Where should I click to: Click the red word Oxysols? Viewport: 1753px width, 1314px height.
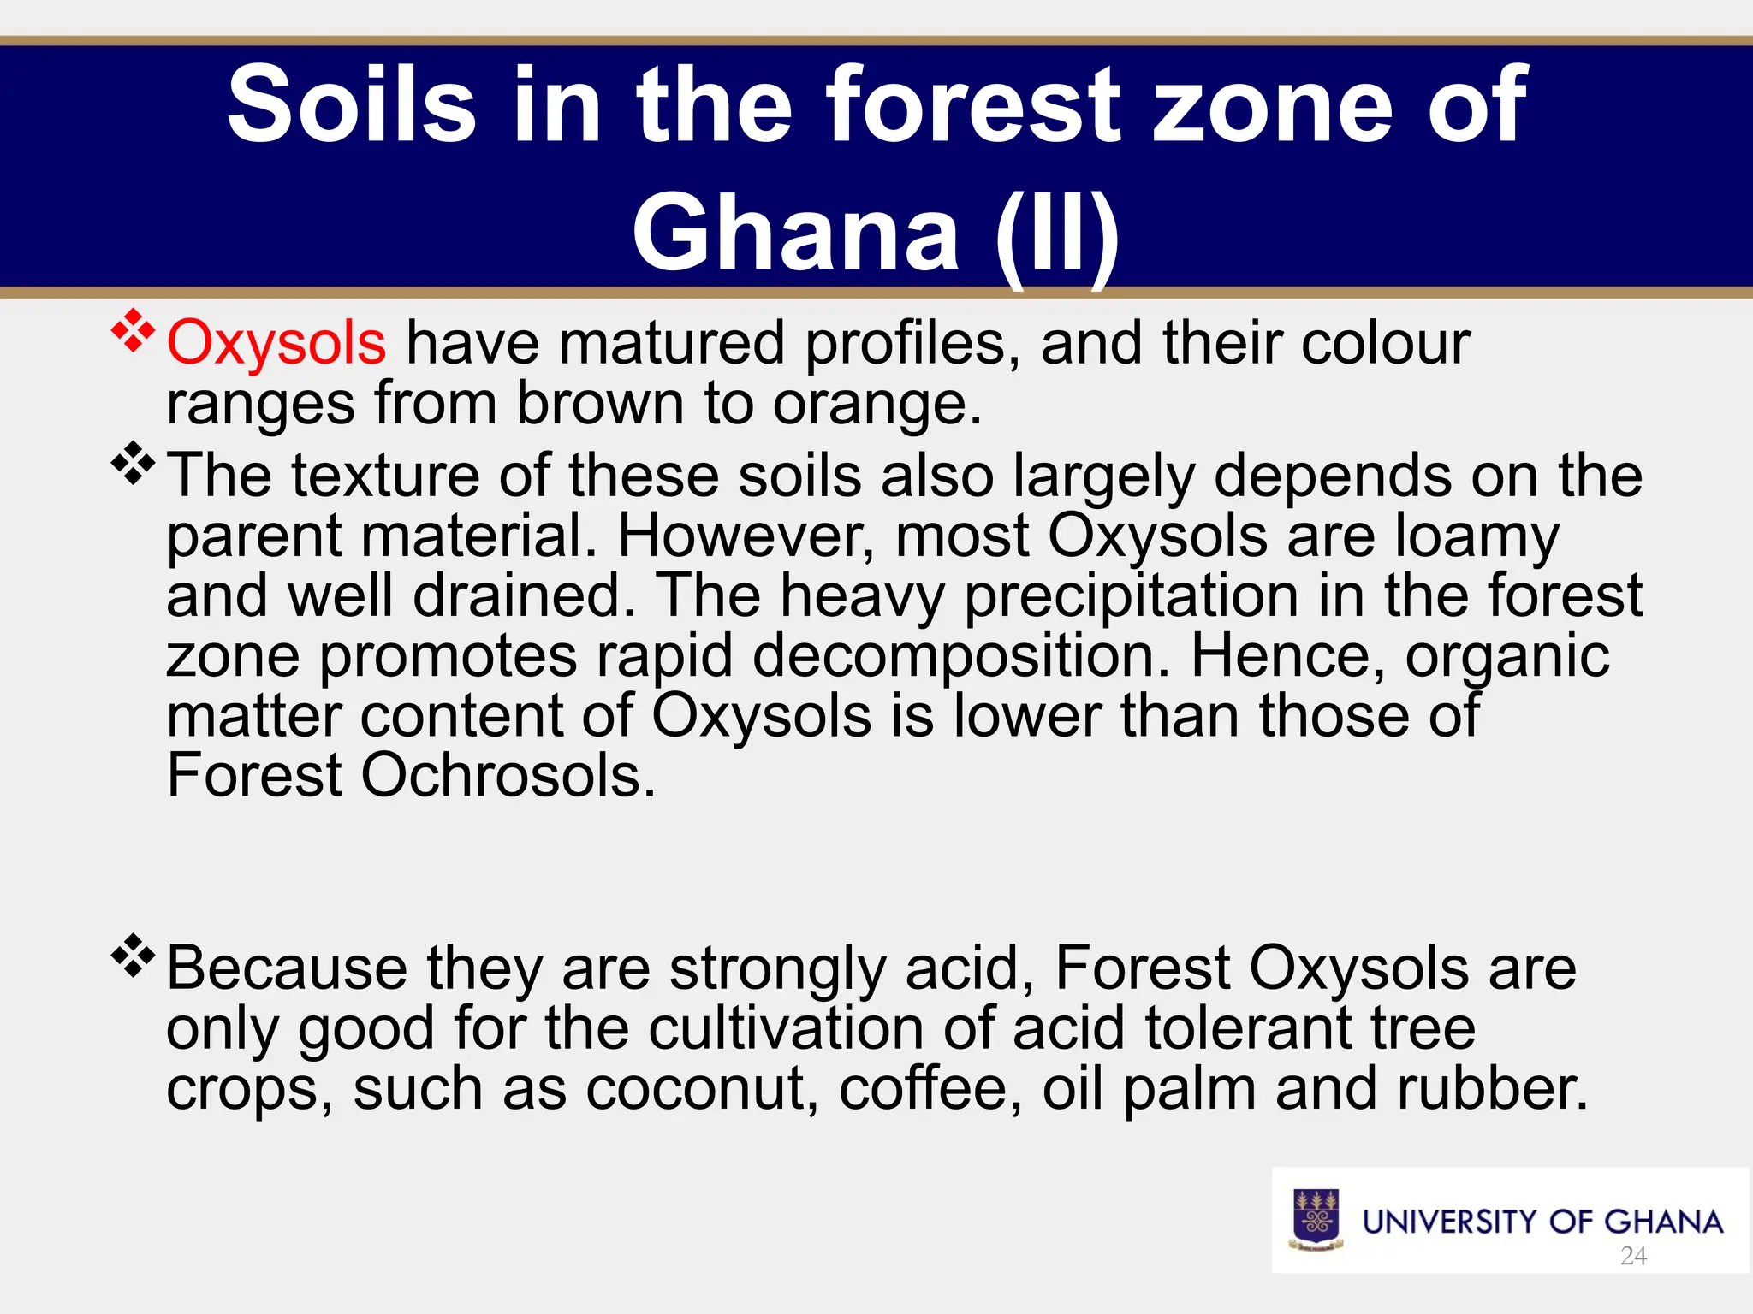tap(276, 343)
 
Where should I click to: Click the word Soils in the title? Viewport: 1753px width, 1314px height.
tap(351, 106)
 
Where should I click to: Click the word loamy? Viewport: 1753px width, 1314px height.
tap(1477, 538)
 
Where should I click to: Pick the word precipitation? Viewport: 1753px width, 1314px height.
tap(1131, 597)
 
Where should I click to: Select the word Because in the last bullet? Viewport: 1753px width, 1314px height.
tap(286, 968)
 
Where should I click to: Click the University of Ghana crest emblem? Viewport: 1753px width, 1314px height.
tap(1316, 1220)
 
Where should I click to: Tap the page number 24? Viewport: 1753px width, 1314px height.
tap(1633, 1256)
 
